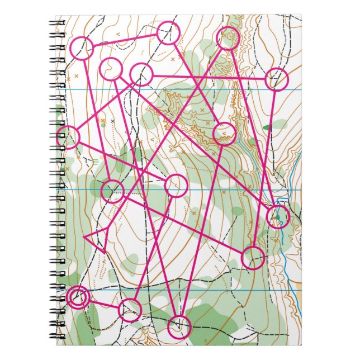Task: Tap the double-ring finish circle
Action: [x=78, y=297]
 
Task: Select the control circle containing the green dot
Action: [x=278, y=216]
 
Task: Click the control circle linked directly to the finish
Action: [x=130, y=310]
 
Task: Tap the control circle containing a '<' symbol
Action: [x=224, y=133]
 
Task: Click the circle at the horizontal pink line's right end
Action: [x=277, y=79]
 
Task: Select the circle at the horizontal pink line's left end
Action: [x=141, y=74]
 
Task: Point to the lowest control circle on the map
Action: [x=179, y=325]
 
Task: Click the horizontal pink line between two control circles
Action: [x=210, y=77]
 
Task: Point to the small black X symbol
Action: [x=112, y=121]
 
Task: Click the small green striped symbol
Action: [x=96, y=162]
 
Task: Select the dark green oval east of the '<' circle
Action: [x=267, y=127]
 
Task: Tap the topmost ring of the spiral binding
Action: [x=58, y=24]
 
